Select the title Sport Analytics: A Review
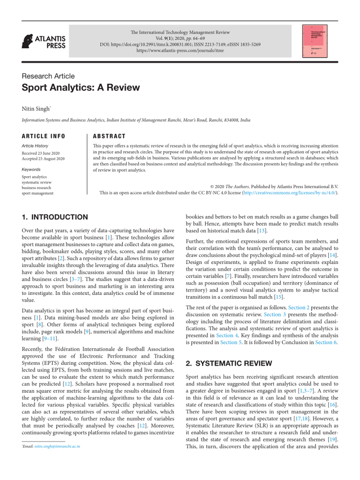click(x=81, y=88)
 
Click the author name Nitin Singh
click(x=36, y=109)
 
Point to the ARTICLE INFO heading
click(x=44, y=136)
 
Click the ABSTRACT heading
click(x=109, y=136)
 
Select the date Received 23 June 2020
click(x=41, y=153)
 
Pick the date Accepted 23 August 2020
click(x=43, y=159)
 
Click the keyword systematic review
click(x=37, y=182)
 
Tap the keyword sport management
click(x=37, y=193)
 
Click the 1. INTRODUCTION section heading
click(x=55, y=217)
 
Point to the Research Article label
click(x=48, y=76)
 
